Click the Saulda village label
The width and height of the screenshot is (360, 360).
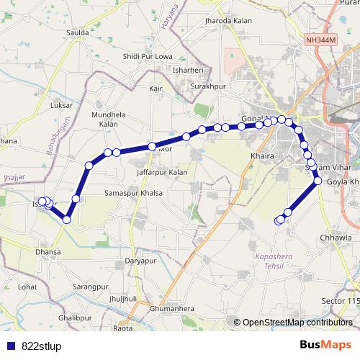[x=77, y=33]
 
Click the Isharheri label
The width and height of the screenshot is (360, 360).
[x=189, y=70]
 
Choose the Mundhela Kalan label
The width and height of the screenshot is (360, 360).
[x=108, y=119]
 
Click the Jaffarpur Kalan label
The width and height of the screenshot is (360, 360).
[x=162, y=173]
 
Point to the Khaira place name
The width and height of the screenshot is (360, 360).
[x=259, y=155]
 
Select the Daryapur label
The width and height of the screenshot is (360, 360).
[x=140, y=260]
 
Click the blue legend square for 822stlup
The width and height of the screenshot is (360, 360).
[x=12, y=346]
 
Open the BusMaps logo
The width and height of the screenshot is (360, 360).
[x=325, y=345]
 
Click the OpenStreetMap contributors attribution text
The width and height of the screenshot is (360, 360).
[x=298, y=322]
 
